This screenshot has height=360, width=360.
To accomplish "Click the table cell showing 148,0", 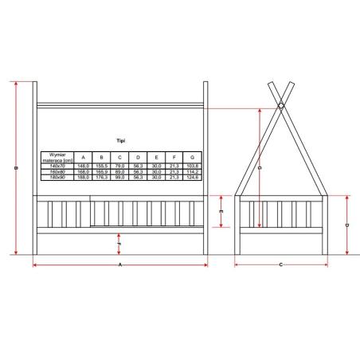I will click(82, 165).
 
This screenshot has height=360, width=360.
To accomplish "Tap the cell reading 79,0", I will click(119, 165).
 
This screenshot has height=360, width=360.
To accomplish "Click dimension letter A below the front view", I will click(119, 264).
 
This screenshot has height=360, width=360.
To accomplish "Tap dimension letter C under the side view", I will click(281, 264).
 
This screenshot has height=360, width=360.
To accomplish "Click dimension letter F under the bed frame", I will click(119, 244).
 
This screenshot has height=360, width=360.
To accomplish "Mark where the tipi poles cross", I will click(281, 101).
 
